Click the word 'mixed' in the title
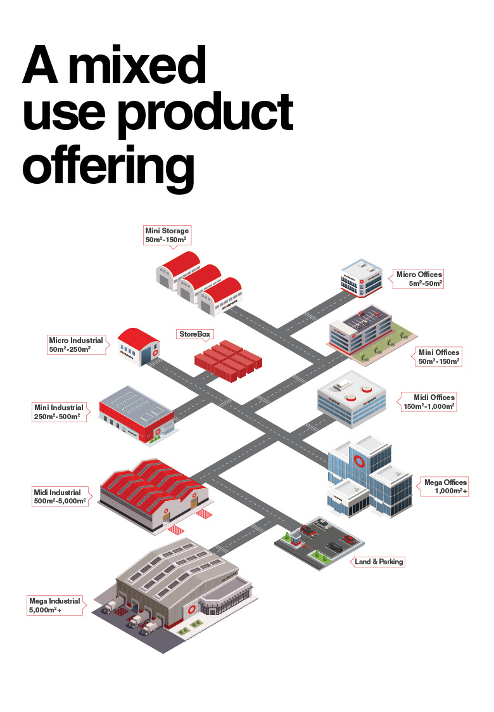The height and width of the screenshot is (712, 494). (145, 67)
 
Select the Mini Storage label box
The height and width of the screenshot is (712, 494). (167, 235)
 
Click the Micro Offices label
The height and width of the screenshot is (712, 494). (419, 279)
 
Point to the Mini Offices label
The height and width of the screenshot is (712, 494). (439, 356)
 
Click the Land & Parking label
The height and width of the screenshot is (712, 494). (379, 562)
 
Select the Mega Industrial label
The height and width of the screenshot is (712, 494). (55, 605)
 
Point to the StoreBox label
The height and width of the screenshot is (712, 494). (194, 333)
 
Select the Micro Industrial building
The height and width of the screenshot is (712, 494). (139, 347)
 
